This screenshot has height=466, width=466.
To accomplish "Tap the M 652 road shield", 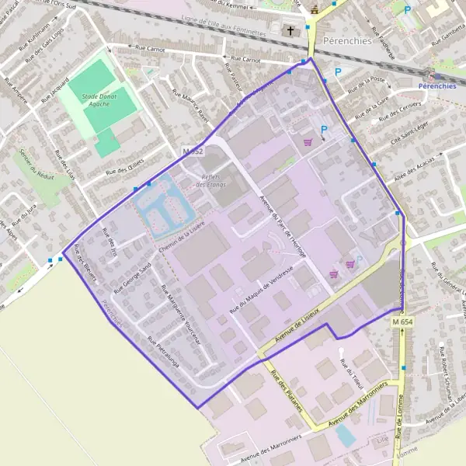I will coord(193,151).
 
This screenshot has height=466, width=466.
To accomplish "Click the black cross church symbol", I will coord(291,32).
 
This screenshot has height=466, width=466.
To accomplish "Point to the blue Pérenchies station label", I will coord(436,85).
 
